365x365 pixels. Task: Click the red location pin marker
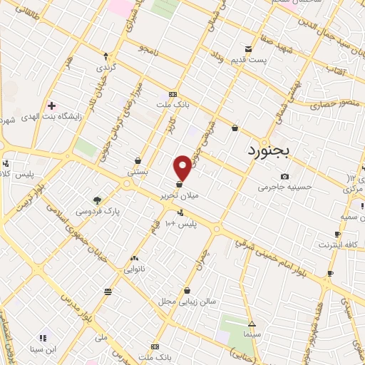[183, 167]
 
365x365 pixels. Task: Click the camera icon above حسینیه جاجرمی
[284, 176]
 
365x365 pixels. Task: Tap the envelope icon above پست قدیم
[247, 49]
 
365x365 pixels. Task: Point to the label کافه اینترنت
[336, 245]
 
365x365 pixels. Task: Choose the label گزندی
[106, 66]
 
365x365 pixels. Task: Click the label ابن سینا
[42, 349]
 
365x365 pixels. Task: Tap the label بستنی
[137, 173]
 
